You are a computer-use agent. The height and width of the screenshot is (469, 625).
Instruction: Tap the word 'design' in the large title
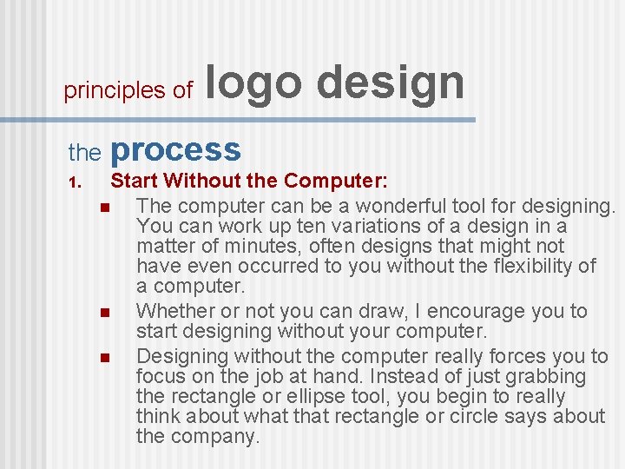[391, 83]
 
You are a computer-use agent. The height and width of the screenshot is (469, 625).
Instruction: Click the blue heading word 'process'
[175, 149]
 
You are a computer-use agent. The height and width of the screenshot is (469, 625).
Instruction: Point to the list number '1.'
[75, 182]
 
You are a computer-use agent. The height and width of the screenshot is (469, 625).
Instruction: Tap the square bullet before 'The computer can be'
[103, 208]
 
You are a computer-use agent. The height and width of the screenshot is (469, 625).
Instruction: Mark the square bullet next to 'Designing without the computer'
[103, 358]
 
